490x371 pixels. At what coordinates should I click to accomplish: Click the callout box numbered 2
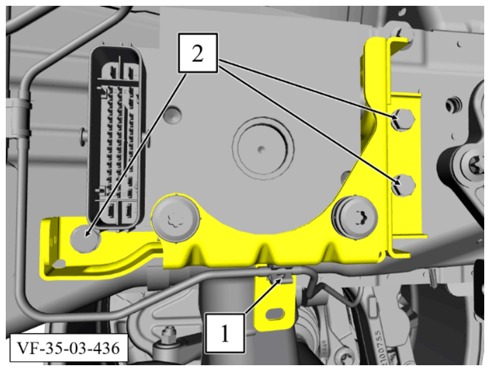(198, 53)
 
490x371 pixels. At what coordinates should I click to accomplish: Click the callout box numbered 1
(225, 333)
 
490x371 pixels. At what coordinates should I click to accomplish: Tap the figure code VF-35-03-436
(68, 348)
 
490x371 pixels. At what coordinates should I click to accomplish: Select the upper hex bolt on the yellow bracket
(403, 120)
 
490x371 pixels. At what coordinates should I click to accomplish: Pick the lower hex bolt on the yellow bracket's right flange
(403, 185)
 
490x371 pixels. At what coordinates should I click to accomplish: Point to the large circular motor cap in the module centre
(262, 148)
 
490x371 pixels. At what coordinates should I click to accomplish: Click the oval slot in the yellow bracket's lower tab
(275, 313)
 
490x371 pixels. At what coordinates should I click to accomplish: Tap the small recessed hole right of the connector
(173, 115)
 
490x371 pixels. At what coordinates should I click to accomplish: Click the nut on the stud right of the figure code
(168, 332)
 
